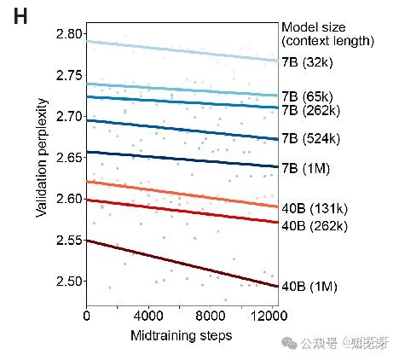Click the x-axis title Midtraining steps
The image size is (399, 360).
[181, 335]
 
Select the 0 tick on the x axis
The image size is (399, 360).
[87, 315]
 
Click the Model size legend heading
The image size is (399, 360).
[327, 33]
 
